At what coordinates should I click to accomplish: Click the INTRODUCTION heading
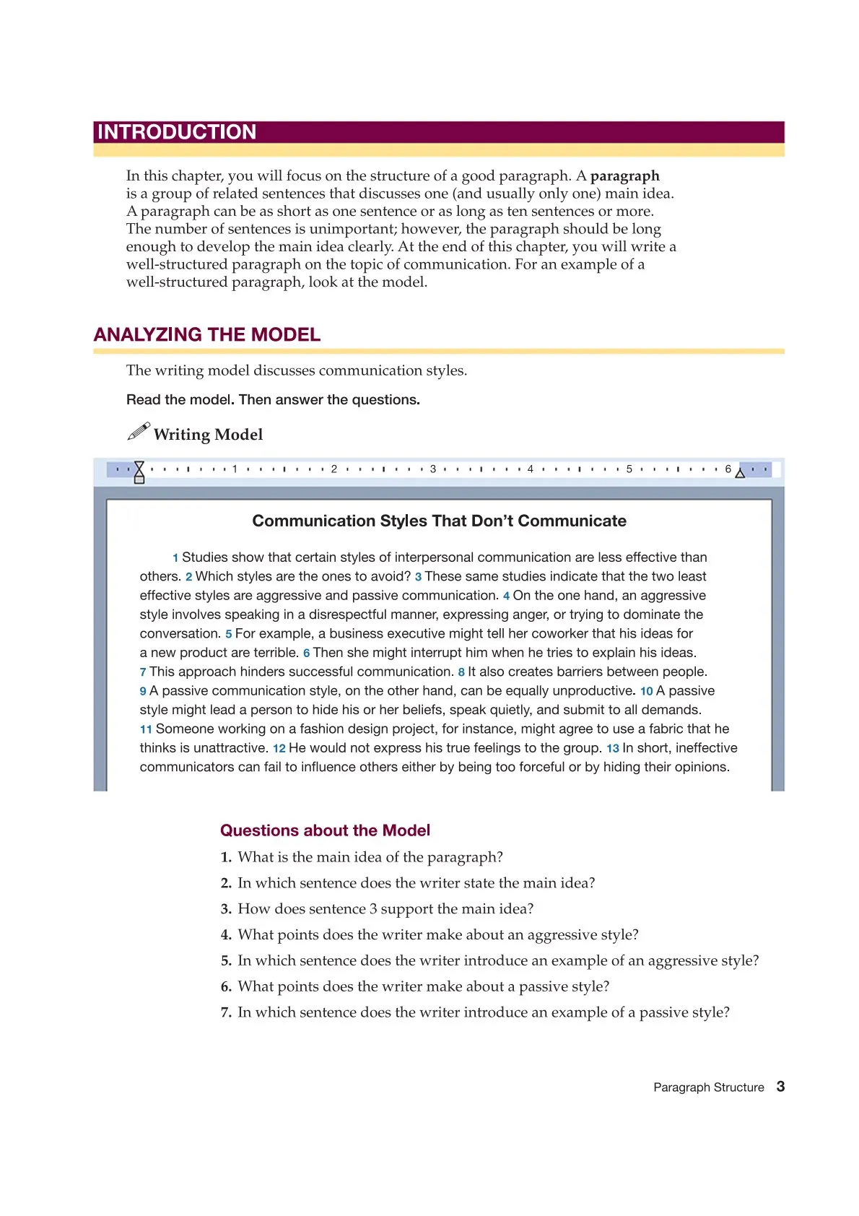pos(177,132)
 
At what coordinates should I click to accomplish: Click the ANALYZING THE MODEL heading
pos(207,335)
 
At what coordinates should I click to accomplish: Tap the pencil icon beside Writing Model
pos(139,432)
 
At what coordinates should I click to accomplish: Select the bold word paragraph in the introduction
pos(624,176)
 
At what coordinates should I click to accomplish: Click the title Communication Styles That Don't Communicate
pos(439,521)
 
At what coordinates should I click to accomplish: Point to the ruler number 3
pos(433,469)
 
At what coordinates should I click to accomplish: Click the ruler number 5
pos(629,469)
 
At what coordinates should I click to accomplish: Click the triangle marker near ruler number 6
pos(740,473)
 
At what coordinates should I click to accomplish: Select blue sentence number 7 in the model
pos(143,672)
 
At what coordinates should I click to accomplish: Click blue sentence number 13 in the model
pos(612,749)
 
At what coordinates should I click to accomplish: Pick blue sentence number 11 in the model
pos(146,730)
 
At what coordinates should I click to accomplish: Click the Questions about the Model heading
pos(325,830)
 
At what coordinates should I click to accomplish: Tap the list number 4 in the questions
pos(226,935)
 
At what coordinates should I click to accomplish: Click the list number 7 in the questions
pos(226,1013)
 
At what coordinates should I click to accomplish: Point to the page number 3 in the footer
pos(780,1087)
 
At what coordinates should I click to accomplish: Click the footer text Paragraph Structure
pos(708,1087)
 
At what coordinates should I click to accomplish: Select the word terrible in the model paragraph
pos(276,653)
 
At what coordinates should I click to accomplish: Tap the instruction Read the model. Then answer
pos(273,400)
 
